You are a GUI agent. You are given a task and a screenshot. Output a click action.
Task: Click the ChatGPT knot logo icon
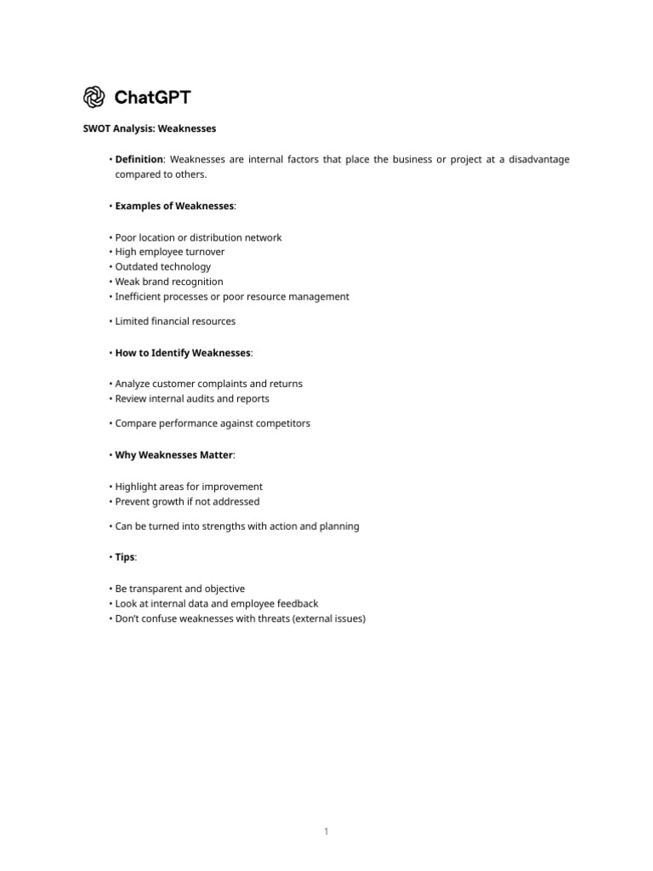pos(94,97)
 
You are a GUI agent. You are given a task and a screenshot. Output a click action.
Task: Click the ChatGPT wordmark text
pos(153,97)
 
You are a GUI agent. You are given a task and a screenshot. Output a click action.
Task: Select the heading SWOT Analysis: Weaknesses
pos(149,128)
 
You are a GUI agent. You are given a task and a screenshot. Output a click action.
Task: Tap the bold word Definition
pos(139,159)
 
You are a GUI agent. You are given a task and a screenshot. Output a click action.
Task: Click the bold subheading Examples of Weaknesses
pos(174,206)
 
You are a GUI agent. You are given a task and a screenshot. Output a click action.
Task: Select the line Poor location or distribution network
pos(198,237)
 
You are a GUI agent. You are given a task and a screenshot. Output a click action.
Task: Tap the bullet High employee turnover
pos(170,252)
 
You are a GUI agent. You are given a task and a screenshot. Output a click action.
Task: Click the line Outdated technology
pos(162,266)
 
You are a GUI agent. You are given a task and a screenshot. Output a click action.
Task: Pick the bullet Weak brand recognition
pos(169,282)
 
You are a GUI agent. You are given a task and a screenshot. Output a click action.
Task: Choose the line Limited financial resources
pos(175,321)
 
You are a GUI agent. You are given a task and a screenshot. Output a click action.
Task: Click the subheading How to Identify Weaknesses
pos(183,352)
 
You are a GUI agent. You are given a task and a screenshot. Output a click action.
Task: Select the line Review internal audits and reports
pos(192,398)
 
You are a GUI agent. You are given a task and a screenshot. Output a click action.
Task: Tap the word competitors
pos(282,423)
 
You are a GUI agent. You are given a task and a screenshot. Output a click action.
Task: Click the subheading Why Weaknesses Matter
pos(173,455)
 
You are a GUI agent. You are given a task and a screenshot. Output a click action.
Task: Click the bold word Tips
pos(125,557)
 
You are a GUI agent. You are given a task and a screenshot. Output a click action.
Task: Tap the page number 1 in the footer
pos(326,831)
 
